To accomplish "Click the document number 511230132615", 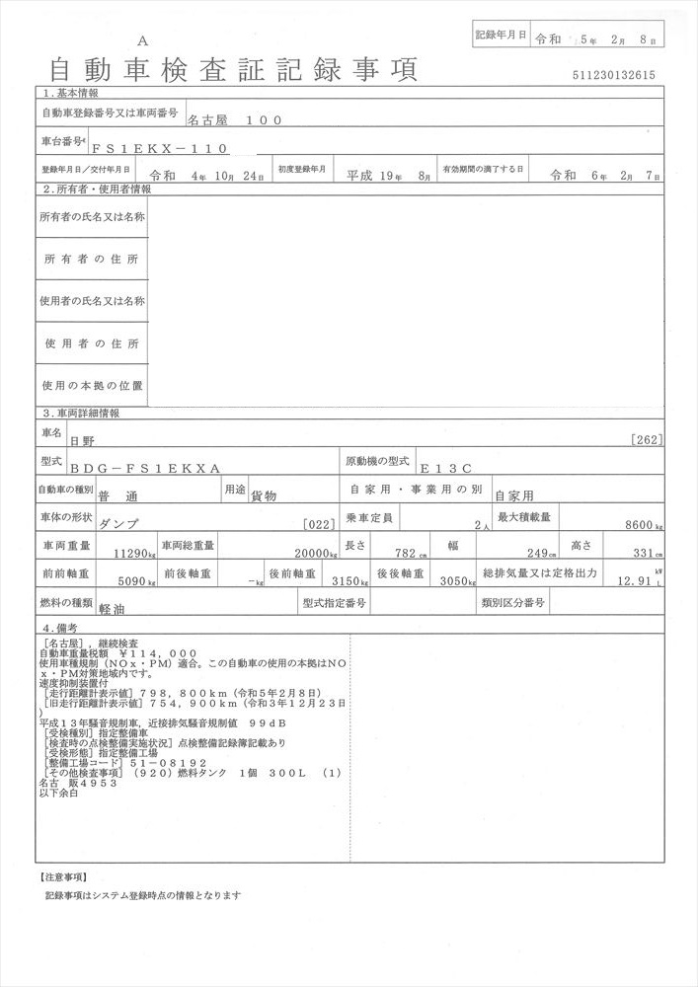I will tap(612, 75).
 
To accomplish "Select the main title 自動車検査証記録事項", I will tap(233, 68).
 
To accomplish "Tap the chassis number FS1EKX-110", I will tap(160, 148).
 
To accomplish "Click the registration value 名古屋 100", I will tap(235, 119).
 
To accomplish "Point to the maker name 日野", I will tap(80, 440).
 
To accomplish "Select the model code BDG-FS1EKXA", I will tap(146, 469).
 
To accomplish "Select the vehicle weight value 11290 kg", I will tap(133, 555).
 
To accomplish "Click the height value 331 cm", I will tap(648, 555).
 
